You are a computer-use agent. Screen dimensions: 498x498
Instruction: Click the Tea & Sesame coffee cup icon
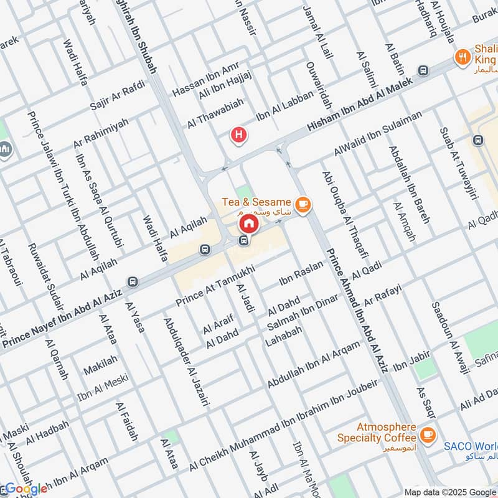click(x=303, y=205)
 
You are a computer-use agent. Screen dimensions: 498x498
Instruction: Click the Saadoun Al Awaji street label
click(x=448, y=337)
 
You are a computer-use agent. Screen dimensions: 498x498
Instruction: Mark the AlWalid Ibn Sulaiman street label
click(x=377, y=133)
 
